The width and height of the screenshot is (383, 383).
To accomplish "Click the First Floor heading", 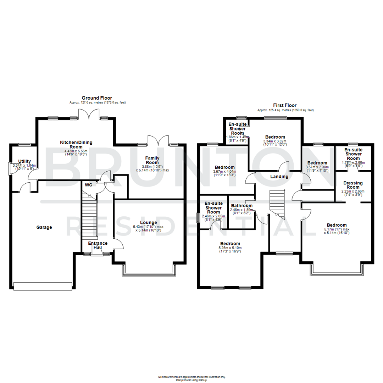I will [285, 105].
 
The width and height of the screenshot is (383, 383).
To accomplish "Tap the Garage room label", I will [44, 227].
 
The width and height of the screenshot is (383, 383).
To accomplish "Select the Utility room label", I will [24, 161].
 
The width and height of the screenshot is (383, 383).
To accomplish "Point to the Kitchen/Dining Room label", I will [76, 144].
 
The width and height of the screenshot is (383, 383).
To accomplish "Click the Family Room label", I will [152, 160].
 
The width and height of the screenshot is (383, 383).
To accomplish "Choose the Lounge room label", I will [148, 222].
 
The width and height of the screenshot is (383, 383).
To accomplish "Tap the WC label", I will [88, 185].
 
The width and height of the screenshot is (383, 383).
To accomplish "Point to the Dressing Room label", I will [353, 185].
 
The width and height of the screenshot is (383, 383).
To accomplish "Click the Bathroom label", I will [242, 206].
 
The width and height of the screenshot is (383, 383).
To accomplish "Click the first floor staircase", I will [277, 203].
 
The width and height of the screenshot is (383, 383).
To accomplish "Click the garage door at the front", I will [43, 286].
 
